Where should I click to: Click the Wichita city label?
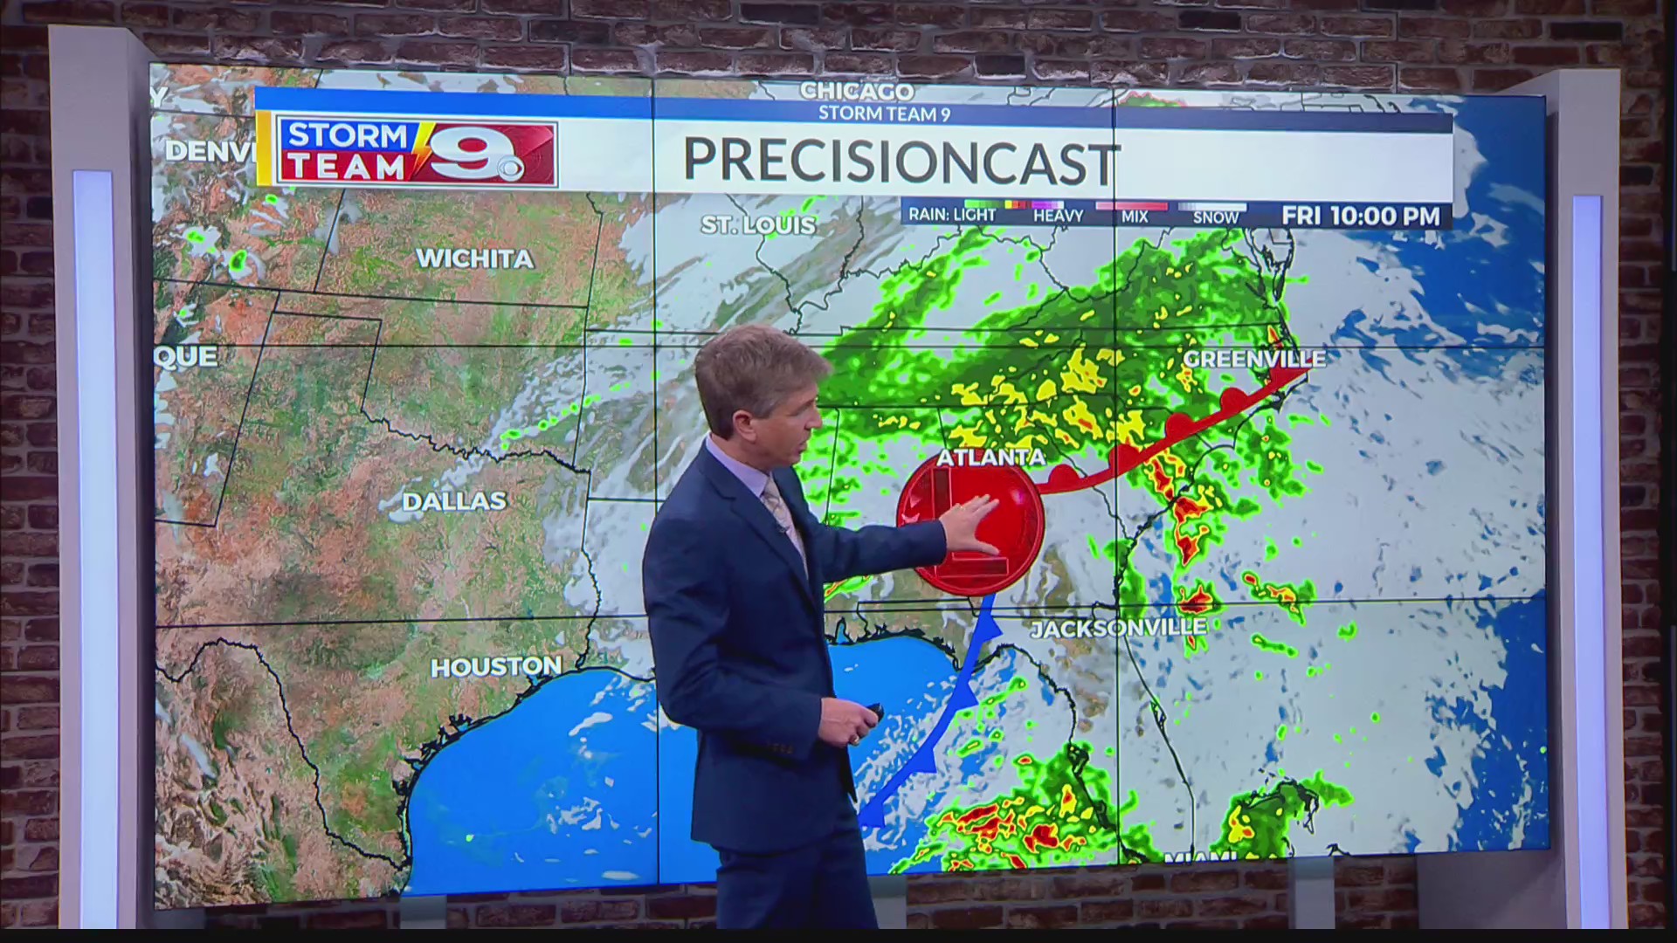(x=474, y=258)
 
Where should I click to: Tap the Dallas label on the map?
(x=454, y=501)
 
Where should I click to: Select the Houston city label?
(x=495, y=667)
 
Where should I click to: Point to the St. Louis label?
(x=757, y=225)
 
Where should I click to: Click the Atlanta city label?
(x=990, y=458)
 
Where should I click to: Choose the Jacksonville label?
(x=1119, y=628)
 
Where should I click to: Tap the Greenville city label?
(x=1253, y=359)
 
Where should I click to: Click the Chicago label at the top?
(x=857, y=91)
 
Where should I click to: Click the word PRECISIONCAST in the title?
(x=901, y=162)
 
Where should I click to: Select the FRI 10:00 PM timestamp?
(x=1360, y=216)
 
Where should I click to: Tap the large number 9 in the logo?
(x=464, y=155)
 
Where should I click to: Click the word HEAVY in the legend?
(x=1058, y=216)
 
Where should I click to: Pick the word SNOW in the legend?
(x=1215, y=217)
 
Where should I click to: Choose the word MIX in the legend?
(x=1135, y=217)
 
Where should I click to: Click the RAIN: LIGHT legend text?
(x=952, y=214)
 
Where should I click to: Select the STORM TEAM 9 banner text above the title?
(x=884, y=114)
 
